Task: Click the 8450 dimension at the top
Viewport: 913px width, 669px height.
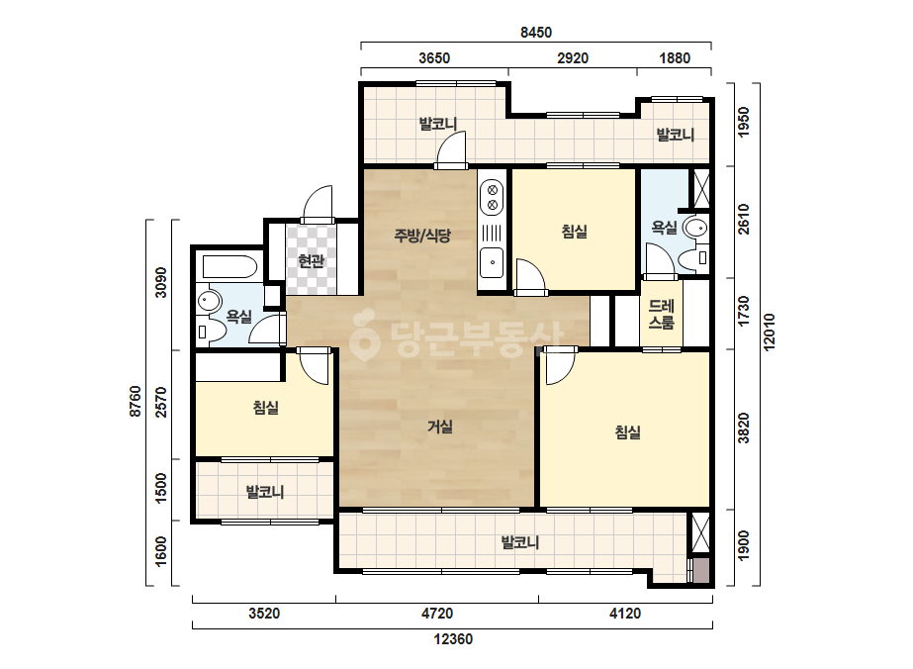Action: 536,33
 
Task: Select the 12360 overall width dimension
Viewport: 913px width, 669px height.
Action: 453,639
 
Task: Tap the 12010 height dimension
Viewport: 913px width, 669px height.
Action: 770,332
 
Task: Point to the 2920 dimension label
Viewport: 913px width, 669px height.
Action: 573,58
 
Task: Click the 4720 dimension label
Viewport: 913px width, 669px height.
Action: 436,614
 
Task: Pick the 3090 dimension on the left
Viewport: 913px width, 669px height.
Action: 160,282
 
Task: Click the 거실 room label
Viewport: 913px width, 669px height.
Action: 440,427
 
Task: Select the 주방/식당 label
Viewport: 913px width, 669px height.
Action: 422,236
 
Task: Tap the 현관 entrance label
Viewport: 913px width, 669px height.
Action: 311,260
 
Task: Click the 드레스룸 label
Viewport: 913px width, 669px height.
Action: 662,314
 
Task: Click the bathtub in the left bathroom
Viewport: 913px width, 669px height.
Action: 229,267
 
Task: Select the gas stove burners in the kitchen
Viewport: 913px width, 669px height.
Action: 492,197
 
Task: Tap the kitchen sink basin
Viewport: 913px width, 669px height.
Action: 492,263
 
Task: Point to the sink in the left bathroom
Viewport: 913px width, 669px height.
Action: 209,301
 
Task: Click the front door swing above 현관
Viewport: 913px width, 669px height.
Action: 318,203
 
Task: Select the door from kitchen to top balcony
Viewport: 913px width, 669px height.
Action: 451,148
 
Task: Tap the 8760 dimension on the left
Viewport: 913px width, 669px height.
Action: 136,401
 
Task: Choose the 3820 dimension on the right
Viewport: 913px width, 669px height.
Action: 744,429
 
